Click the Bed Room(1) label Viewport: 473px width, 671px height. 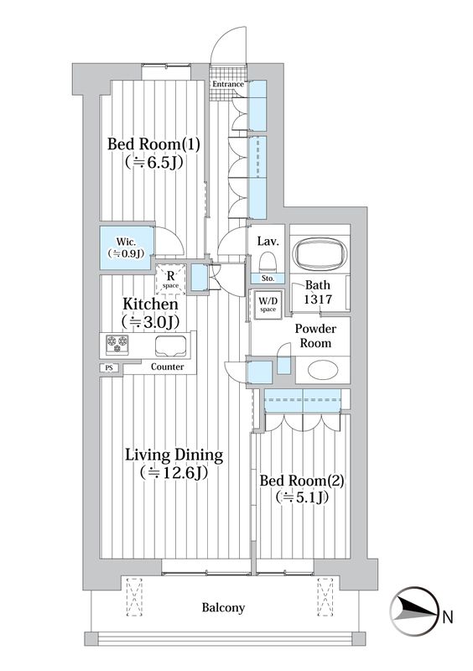point(153,143)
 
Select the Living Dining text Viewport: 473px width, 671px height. point(174,455)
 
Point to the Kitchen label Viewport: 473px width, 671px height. point(150,304)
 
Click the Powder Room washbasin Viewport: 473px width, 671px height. point(320,370)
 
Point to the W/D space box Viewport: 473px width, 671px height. point(268,303)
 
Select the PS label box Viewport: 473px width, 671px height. point(107,367)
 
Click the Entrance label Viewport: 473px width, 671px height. point(228,84)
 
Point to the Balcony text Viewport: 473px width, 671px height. point(223,607)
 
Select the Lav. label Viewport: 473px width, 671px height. point(268,242)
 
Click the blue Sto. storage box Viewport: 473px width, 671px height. point(268,278)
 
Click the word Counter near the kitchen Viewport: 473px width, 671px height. point(168,367)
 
